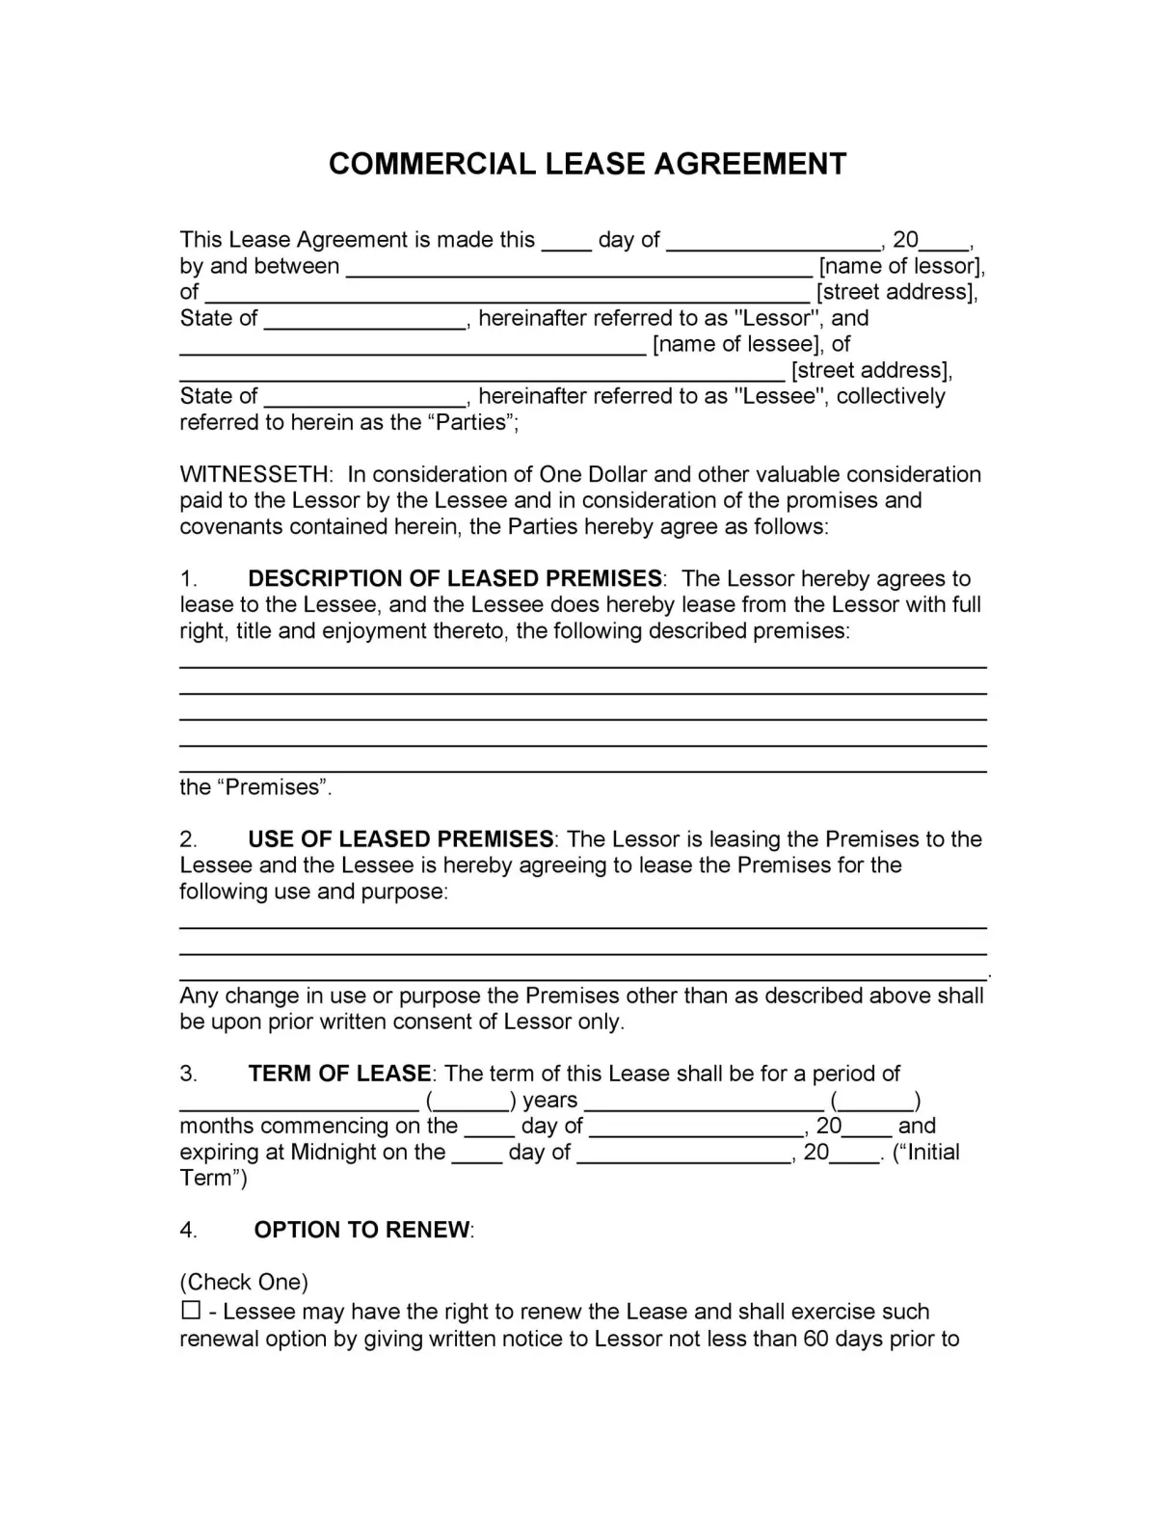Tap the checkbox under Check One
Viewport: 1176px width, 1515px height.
pos(190,1311)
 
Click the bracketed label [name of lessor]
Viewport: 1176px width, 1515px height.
pos(901,266)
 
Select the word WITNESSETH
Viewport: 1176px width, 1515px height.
pos(254,474)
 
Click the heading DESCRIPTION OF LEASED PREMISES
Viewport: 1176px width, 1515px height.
pos(455,578)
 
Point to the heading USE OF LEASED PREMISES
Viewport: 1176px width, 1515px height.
pos(400,838)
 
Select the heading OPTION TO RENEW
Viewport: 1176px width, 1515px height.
pos(362,1230)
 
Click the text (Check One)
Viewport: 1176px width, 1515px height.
pos(244,1282)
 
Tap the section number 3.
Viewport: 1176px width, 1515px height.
pos(188,1074)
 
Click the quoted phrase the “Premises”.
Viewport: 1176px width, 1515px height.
pos(255,787)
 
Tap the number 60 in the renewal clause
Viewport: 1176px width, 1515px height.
pos(815,1339)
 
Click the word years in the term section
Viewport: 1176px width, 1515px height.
pos(549,1100)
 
